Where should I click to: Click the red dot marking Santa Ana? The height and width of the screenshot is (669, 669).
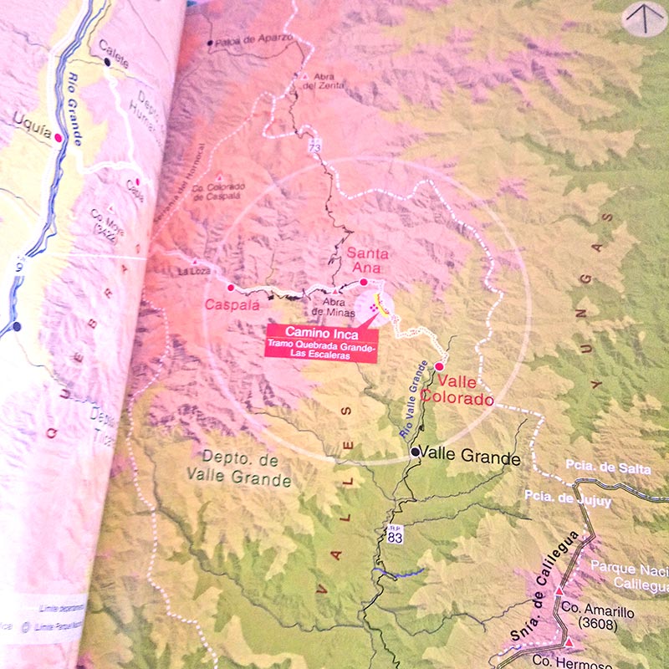(x=364, y=282)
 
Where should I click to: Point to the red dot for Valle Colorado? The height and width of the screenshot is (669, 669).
(x=439, y=365)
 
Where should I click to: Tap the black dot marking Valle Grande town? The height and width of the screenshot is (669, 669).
(x=415, y=452)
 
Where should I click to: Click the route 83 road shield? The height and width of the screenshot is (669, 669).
(x=395, y=535)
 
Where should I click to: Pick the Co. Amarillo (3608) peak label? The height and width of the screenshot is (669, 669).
(x=597, y=617)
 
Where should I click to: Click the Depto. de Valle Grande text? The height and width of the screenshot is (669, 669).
(x=246, y=468)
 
